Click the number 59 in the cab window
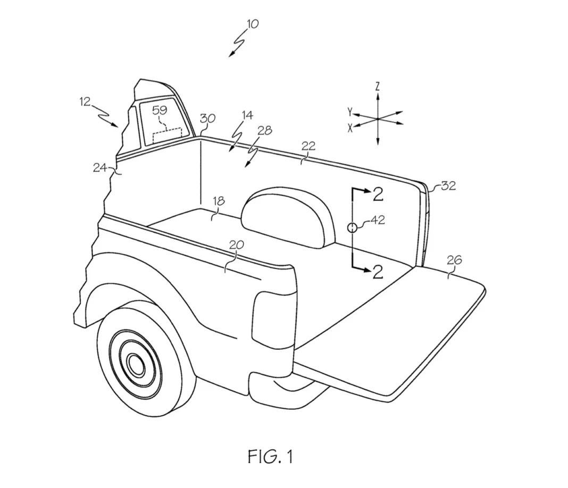[x=160, y=111]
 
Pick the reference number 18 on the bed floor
[x=218, y=201]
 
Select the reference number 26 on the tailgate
[x=455, y=260]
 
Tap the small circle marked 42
[x=352, y=228]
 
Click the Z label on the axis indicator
[x=377, y=86]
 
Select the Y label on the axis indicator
[x=349, y=112]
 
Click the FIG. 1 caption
[x=270, y=456]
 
